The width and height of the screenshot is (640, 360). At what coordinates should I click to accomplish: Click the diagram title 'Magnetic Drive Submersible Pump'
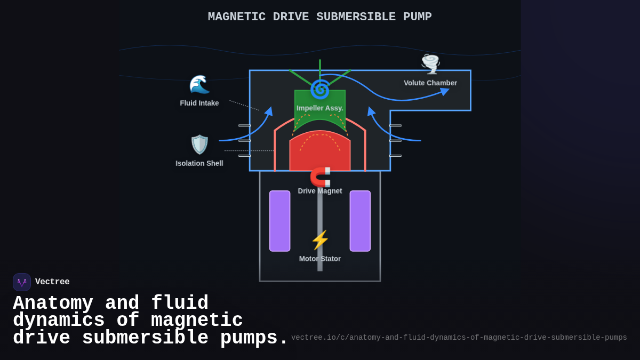(x=319, y=17)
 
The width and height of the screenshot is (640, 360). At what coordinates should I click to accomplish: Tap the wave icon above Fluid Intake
(x=199, y=84)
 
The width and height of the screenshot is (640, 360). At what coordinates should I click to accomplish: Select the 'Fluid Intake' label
(x=199, y=103)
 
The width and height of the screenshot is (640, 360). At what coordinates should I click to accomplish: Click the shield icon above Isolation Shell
(x=199, y=145)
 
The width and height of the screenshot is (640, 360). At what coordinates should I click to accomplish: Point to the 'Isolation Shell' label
(x=199, y=163)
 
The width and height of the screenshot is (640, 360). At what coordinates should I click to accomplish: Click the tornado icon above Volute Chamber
(x=430, y=64)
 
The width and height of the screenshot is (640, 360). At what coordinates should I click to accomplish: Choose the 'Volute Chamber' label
(x=430, y=83)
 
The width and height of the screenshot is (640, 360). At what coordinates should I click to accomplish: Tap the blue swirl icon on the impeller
(x=320, y=89)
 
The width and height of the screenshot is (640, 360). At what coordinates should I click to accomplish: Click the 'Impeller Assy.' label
(x=320, y=108)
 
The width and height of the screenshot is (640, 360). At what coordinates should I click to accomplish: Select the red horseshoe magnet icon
(x=321, y=177)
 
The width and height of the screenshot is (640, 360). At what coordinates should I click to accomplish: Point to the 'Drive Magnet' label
(x=320, y=191)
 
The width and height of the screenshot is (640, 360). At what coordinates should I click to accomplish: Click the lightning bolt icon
(x=320, y=240)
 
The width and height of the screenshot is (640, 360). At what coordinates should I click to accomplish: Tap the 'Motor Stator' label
(x=320, y=259)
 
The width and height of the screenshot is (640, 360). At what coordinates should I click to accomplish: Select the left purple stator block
(x=280, y=221)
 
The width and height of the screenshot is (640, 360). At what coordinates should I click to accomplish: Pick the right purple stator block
(x=360, y=221)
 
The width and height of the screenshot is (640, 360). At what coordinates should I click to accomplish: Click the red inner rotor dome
(x=320, y=155)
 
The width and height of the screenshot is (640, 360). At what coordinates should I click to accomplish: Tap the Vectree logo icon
(x=22, y=282)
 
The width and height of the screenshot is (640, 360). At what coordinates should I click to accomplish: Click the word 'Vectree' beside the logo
(x=52, y=282)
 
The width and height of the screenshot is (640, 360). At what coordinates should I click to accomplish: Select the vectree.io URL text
(x=459, y=338)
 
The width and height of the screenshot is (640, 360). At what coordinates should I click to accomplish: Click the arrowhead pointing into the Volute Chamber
(x=445, y=92)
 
